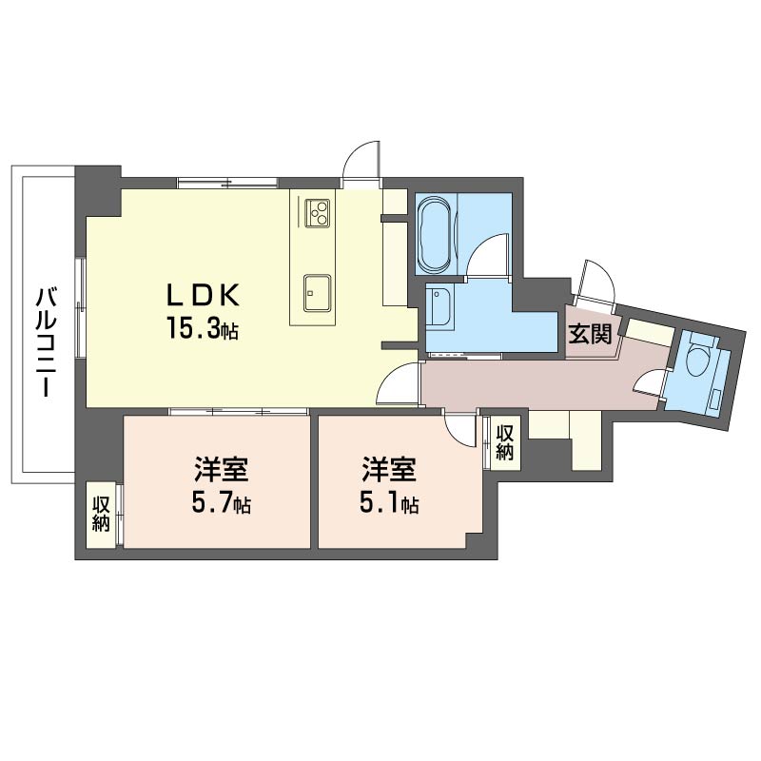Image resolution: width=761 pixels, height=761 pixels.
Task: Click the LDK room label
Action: tap(203, 295)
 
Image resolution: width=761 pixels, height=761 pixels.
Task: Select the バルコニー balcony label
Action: tap(45, 342)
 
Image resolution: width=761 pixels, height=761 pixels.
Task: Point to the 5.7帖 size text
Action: tap(222, 503)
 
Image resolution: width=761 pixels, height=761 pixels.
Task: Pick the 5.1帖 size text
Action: tap(389, 503)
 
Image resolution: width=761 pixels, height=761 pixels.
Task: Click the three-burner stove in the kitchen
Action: tap(318, 213)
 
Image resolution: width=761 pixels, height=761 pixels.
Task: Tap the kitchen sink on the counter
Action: tap(318, 293)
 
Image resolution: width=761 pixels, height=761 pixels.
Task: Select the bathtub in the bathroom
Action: tap(435, 235)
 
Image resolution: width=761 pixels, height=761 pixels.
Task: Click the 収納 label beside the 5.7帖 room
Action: tap(101, 514)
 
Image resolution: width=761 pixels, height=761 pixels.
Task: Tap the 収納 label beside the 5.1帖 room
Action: tap(505, 441)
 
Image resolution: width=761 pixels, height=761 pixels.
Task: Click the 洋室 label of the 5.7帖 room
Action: tap(222, 469)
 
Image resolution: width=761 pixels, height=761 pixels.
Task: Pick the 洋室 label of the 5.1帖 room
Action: tap(389, 469)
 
